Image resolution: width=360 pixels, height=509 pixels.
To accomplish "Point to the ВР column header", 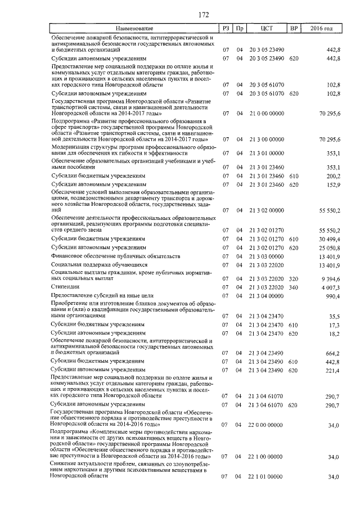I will (293, 28).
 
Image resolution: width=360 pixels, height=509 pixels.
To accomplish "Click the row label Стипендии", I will (65, 286).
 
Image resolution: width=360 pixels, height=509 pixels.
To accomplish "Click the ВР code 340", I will (293, 286).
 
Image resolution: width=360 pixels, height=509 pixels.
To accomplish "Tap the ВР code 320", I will (293, 278).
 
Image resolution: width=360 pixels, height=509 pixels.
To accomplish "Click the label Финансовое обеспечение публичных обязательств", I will (115, 256).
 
